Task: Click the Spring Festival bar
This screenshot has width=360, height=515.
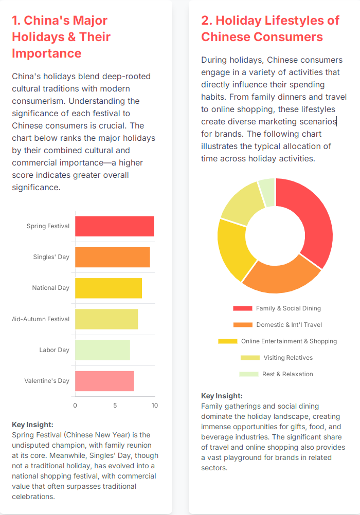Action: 114,226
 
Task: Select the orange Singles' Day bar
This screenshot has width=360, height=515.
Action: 112,257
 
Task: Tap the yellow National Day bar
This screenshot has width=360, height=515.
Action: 108,288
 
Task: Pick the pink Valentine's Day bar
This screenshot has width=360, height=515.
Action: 104,381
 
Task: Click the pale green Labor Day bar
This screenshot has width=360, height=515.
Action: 102,350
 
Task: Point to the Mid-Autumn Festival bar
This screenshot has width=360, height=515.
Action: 106,319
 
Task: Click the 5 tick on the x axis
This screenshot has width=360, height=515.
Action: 115,406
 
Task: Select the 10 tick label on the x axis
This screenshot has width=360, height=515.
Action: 154,406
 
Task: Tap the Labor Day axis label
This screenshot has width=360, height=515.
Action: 54,350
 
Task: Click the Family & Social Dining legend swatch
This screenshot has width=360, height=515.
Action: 242,308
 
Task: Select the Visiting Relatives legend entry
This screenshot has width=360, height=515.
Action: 287,358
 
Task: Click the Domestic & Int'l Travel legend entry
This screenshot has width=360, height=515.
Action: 289,325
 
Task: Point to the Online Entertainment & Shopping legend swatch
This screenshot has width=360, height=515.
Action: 227,341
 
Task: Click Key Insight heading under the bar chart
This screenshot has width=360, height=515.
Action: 32,425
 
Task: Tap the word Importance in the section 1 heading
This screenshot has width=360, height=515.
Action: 47,53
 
